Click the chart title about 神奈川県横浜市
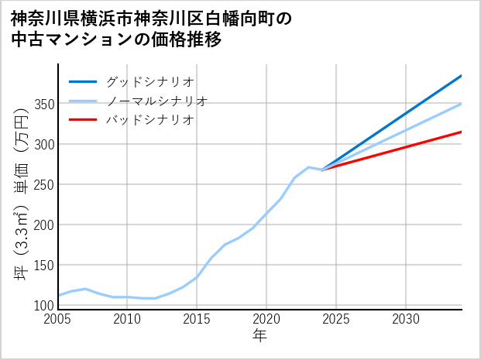point(151,29)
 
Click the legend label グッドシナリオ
point(149,81)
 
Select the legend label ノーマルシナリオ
point(156,101)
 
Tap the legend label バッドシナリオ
point(149,120)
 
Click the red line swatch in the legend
point(83,120)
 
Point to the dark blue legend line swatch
point(83,81)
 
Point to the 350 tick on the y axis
point(43,105)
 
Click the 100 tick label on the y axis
point(43,306)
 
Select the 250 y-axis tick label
point(43,185)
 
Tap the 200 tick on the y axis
point(43,225)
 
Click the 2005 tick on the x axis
point(58,319)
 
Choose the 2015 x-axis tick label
point(197,319)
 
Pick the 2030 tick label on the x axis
point(406,319)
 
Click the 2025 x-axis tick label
point(336,319)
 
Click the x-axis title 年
point(260,336)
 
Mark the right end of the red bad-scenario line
point(461,132)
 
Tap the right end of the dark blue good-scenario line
point(461,76)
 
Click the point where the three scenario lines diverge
point(323,170)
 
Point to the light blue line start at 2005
point(59,296)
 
